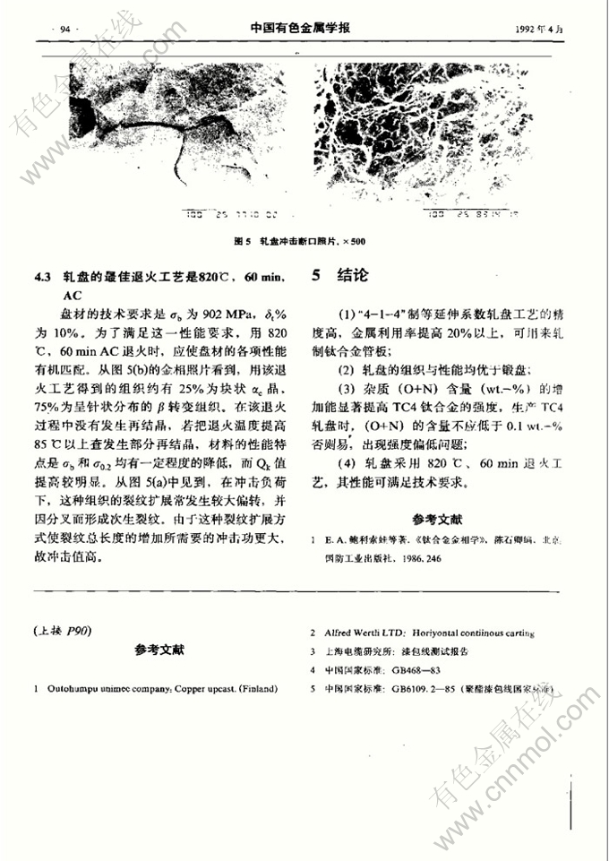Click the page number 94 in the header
(x=64, y=30)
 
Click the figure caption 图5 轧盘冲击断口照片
(x=299, y=242)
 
